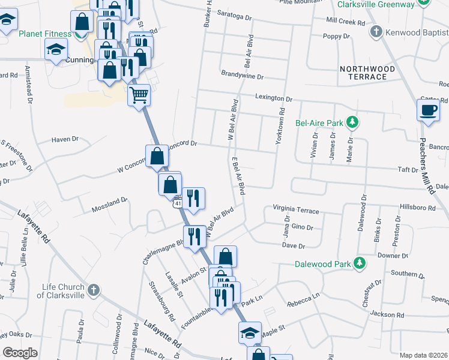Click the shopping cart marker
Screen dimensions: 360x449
coord(139,94)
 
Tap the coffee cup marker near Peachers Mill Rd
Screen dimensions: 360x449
coord(428,110)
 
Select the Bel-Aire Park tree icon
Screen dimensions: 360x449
coord(353,123)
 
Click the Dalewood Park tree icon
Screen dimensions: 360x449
coord(359,263)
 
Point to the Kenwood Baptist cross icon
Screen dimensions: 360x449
coord(376,32)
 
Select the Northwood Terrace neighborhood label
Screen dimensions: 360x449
coord(367,73)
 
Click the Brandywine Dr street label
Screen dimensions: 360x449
coord(243,76)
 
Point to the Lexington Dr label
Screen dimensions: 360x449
coord(273,98)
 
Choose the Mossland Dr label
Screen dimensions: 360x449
coord(109,205)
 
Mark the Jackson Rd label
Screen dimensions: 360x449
coord(387,314)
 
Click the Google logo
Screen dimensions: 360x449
coord(20,353)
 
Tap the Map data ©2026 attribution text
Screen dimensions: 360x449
coord(423,355)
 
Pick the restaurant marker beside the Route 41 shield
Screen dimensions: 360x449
coord(193,199)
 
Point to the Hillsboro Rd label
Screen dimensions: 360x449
coord(416,207)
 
